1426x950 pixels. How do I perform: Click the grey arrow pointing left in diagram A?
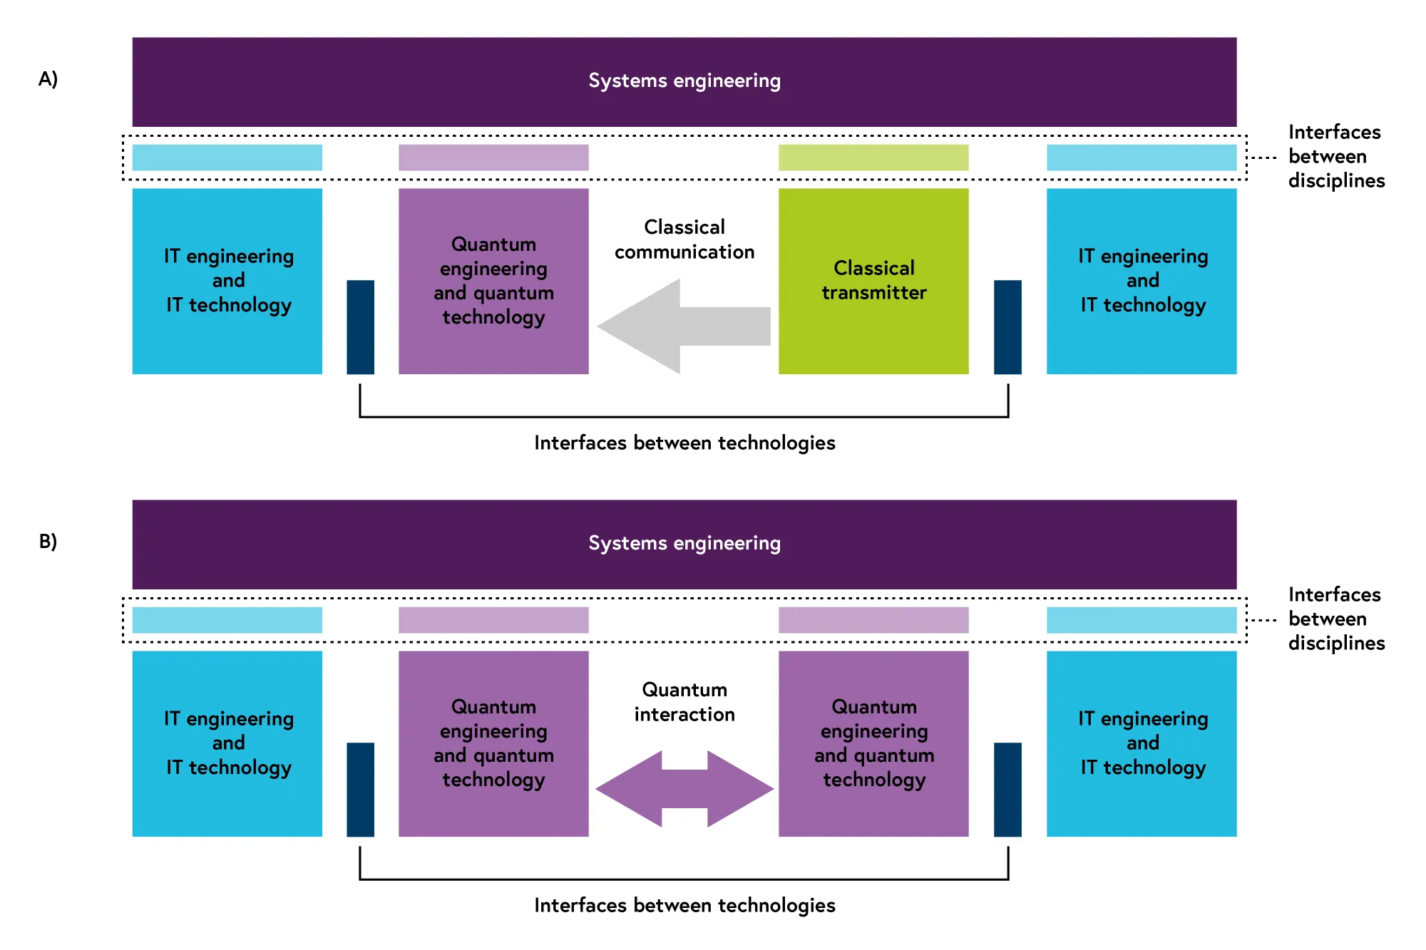(683, 326)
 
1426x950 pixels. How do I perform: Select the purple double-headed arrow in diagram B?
(684, 789)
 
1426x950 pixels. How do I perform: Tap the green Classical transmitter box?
(873, 282)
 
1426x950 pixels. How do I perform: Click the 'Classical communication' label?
(684, 239)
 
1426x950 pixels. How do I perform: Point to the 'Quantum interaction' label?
(684, 702)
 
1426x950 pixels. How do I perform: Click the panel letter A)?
(48, 79)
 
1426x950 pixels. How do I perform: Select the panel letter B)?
(48, 542)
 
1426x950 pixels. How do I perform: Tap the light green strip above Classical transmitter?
(873, 158)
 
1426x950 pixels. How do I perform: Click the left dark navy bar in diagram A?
(361, 327)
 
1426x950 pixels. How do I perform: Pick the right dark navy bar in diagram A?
(1007, 327)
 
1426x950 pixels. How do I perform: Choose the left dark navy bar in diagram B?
(361, 790)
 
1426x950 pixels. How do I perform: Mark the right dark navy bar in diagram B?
(1007, 790)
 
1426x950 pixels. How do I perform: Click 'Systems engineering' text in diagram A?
(684, 81)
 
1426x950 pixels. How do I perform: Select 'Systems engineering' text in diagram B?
(684, 544)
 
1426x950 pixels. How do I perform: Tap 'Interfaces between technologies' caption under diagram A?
(684, 443)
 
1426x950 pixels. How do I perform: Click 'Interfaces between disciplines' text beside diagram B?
(1336, 619)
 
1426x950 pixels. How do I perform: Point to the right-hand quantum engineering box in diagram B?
(873, 744)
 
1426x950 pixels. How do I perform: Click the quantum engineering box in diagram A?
(493, 282)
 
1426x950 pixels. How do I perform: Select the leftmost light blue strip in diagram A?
(227, 158)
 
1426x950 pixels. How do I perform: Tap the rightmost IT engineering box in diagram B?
(1142, 744)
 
